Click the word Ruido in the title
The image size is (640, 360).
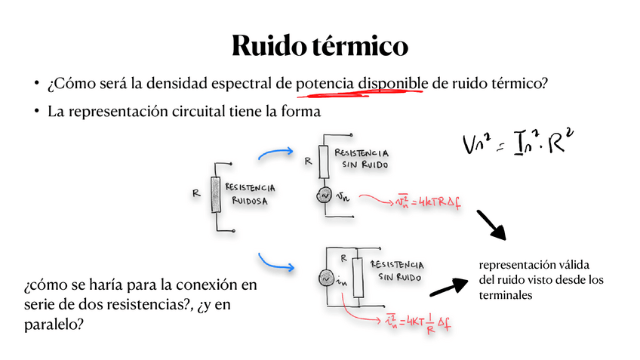[267, 45]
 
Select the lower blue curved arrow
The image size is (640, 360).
[275, 263]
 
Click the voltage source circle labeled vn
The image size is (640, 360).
[324, 195]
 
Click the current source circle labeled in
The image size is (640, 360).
[328, 278]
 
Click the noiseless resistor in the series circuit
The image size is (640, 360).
[324, 159]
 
